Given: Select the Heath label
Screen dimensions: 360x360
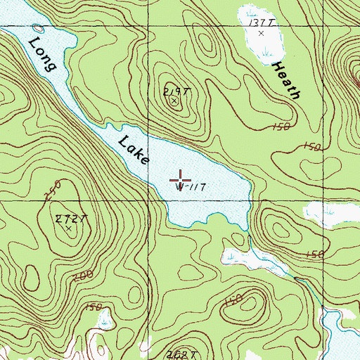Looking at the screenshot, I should pyautogui.click(x=287, y=79).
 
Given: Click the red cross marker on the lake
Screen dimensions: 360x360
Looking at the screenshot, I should pyautogui.click(x=181, y=176).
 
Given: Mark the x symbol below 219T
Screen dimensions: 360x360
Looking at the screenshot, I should pyautogui.click(x=174, y=101).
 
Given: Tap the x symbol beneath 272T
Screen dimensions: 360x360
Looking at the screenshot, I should pyautogui.click(x=68, y=229).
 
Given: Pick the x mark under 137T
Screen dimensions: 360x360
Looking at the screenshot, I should pyautogui.click(x=262, y=32).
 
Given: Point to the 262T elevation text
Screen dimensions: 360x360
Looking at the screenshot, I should pyautogui.click(x=181, y=354).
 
